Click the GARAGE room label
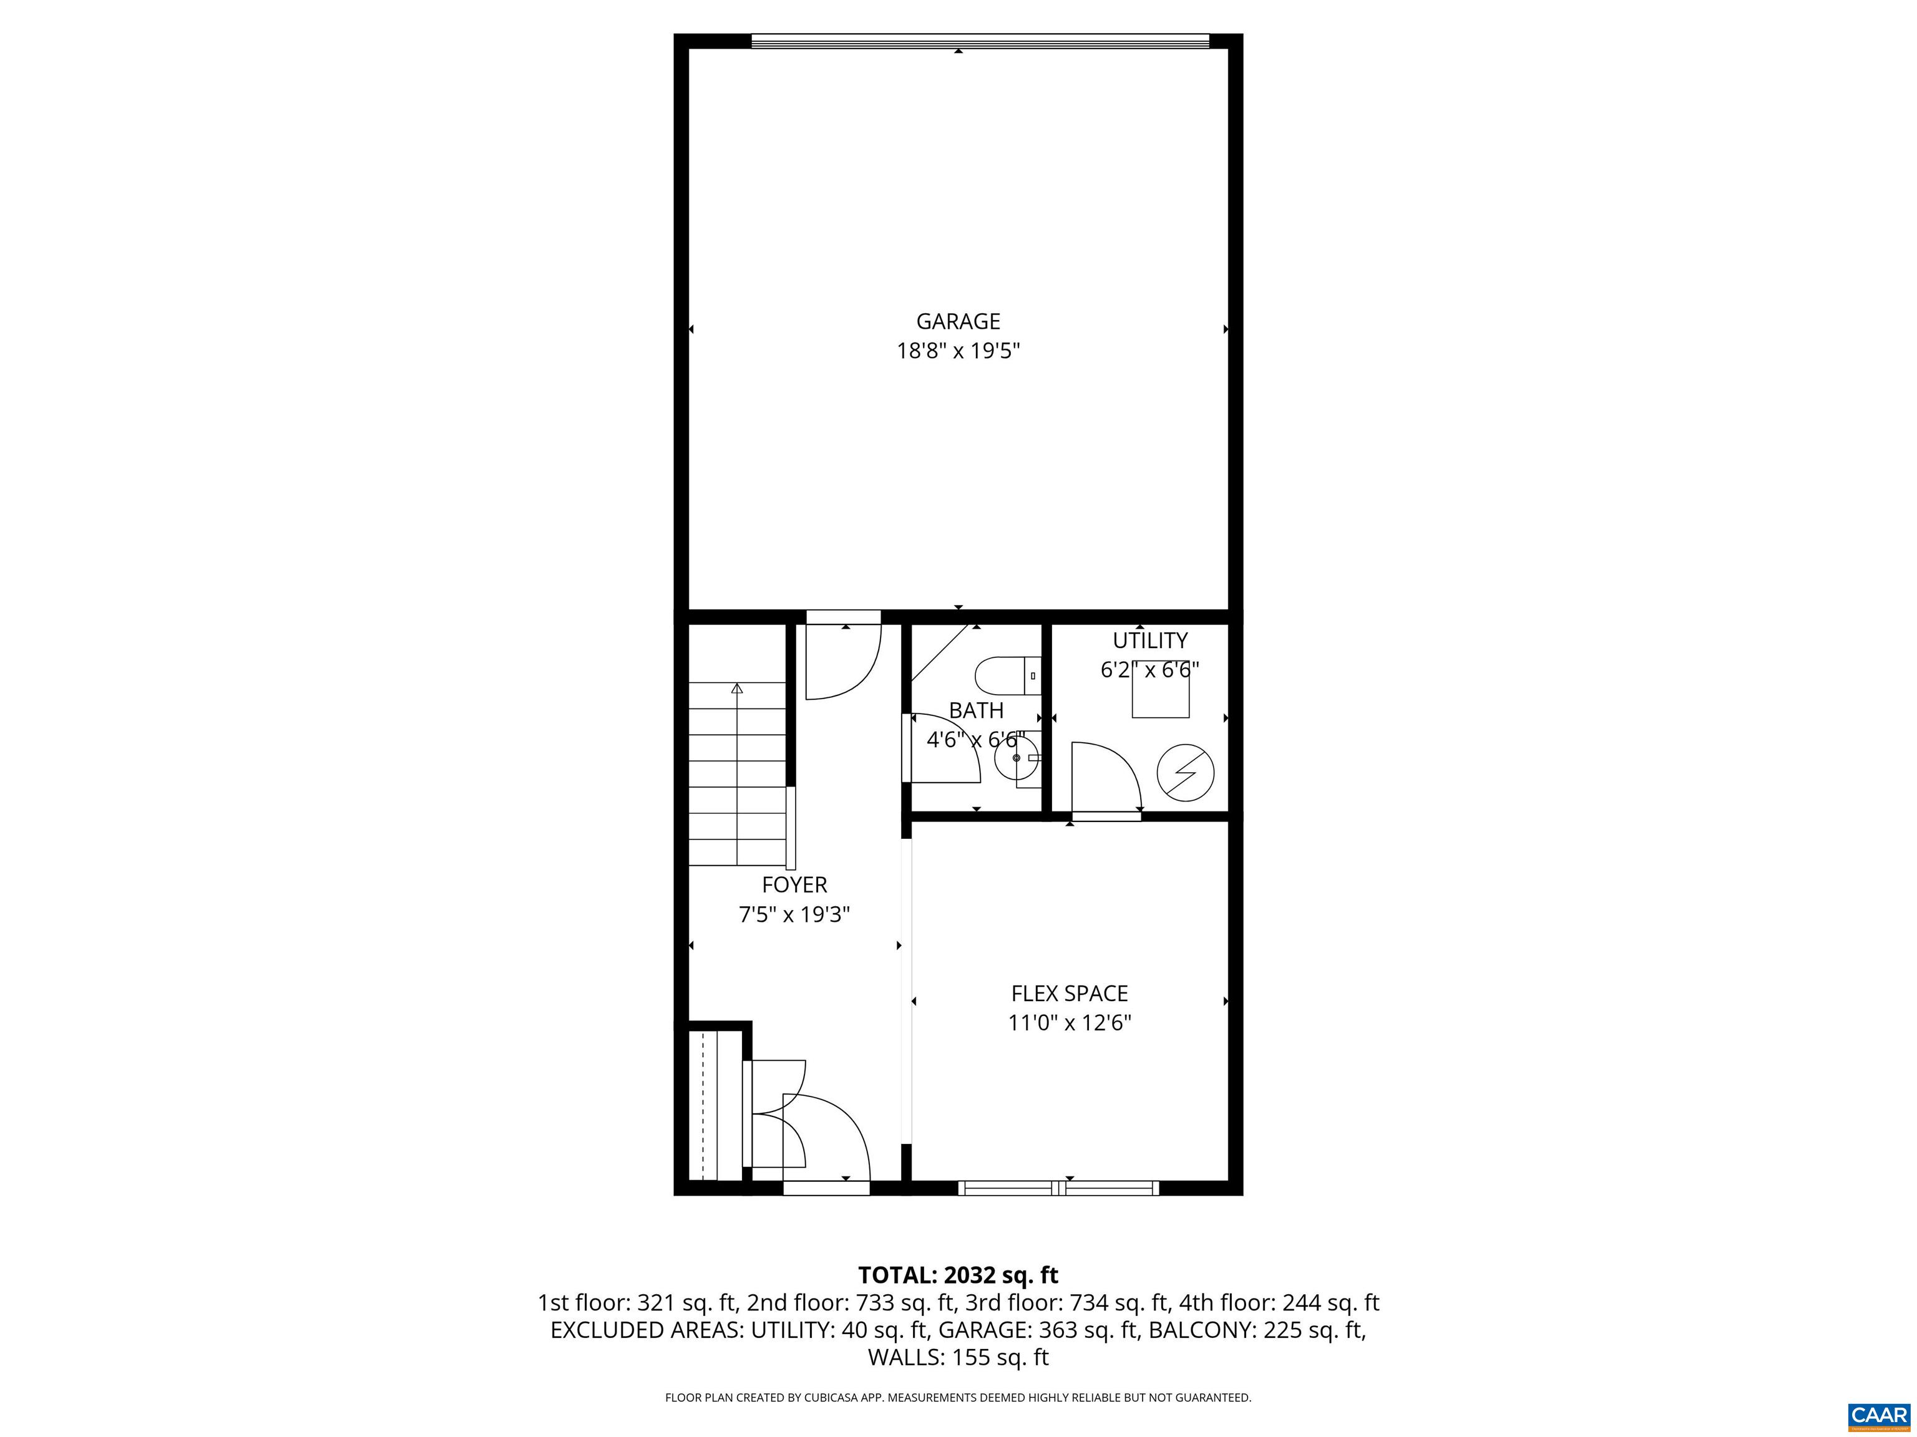(x=958, y=321)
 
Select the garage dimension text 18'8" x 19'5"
(x=958, y=351)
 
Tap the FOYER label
(x=794, y=884)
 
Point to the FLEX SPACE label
(x=1070, y=994)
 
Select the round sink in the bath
(x=1016, y=758)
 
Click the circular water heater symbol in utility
(x=1186, y=771)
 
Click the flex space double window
(x=1058, y=1188)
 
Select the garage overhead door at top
(x=979, y=41)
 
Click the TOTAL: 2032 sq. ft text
(x=958, y=1275)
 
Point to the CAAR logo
(x=1878, y=1415)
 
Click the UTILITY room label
(x=1149, y=641)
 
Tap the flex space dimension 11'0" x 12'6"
(x=1070, y=1023)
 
